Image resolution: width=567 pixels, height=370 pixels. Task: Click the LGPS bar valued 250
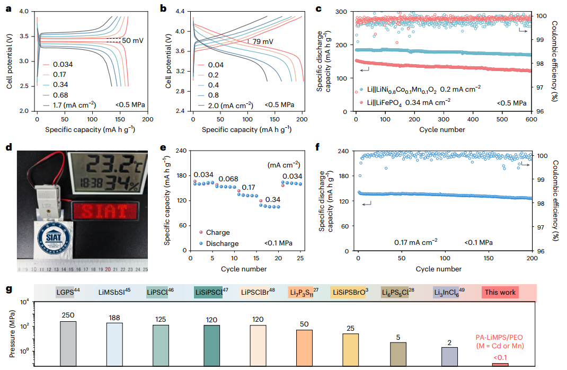pos(68,343)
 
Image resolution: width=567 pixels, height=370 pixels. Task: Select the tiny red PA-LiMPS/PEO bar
pos(500,365)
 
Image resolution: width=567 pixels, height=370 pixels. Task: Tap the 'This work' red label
pos(500,292)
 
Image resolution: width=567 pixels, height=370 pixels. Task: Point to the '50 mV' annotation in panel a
pos(132,40)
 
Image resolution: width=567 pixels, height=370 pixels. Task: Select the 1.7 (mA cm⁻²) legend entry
pos(69,105)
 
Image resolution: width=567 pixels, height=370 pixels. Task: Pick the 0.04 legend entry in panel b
pos(211,65)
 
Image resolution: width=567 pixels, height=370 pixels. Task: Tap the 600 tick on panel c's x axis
pos(531,119)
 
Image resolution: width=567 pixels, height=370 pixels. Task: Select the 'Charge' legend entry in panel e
pos(215,233)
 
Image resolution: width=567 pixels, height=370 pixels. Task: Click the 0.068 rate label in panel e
pos(228,179)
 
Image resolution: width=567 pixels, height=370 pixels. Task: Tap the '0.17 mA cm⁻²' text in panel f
pos(416,242)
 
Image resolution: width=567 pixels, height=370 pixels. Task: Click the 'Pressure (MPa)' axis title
pos(12,334)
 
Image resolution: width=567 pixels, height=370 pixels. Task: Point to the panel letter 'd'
pos(8,147)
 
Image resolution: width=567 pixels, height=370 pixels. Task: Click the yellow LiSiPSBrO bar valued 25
pos(350,350)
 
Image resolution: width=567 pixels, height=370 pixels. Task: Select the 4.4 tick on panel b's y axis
pos(180,12)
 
